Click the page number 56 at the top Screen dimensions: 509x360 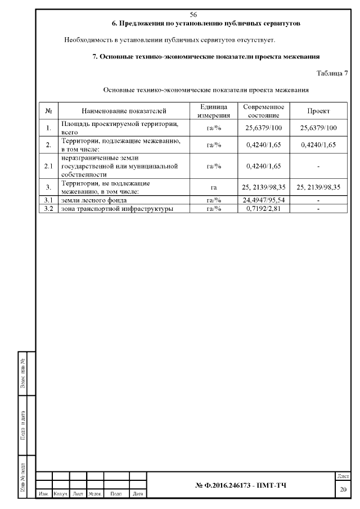tap(193, 14)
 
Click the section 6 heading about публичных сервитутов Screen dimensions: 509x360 tap(206, 24)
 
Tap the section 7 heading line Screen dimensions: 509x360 tap(206, 57)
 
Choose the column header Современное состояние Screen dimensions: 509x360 tap(264, 111)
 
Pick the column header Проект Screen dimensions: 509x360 tap(318, 111)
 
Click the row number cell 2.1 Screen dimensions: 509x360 tap(48, 166)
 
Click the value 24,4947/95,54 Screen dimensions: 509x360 tap(264, 200)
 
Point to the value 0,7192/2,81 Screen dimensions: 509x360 tap(264, 209)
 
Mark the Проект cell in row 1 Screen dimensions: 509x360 tap(318, 128)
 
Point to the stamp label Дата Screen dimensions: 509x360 tap(137, 494)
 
